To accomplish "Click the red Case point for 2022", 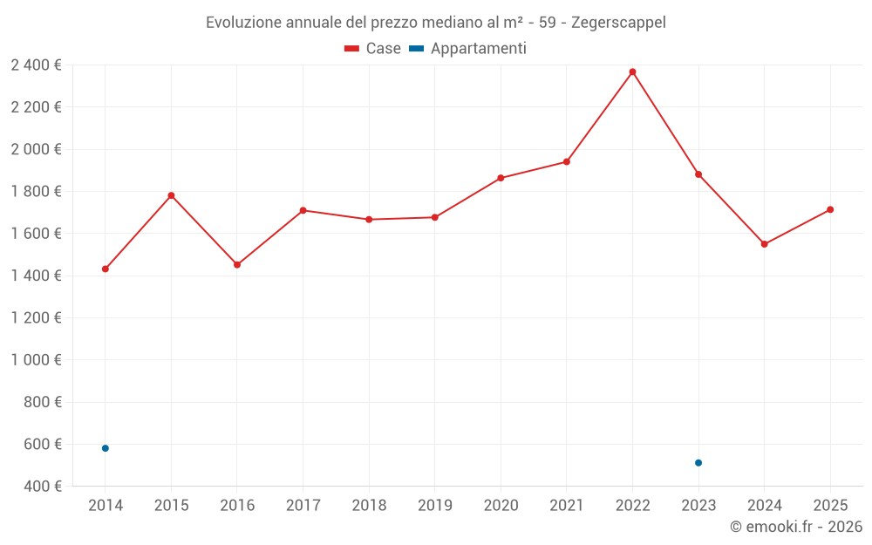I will (x=632, y=72).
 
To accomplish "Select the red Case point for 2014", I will (x=106, y=269).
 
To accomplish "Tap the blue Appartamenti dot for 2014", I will (x=106, y=448).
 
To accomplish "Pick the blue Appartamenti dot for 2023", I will (x=698, y=462).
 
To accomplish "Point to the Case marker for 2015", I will (x=171, y=195).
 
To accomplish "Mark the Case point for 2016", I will (x=237, y=264).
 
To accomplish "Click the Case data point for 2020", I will (x=501, y=178).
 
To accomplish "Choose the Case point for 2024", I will (x=764, y=244).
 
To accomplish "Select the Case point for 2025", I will (x=830, y=209).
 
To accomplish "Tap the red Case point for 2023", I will (x=698, y=174).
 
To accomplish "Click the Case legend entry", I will (x=373, y=49).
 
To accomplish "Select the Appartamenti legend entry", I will (x=468, y=49).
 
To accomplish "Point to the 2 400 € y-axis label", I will (x=37, y=65).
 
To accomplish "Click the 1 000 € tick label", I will (x=37, y=360).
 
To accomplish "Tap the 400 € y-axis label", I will (x=42, y=486).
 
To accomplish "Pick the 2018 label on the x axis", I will (x=369, y=506).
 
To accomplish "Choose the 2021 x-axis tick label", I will (x=567, y=506).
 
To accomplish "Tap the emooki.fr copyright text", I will (x=796, y=527).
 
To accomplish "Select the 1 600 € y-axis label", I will (x=37, y=234).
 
